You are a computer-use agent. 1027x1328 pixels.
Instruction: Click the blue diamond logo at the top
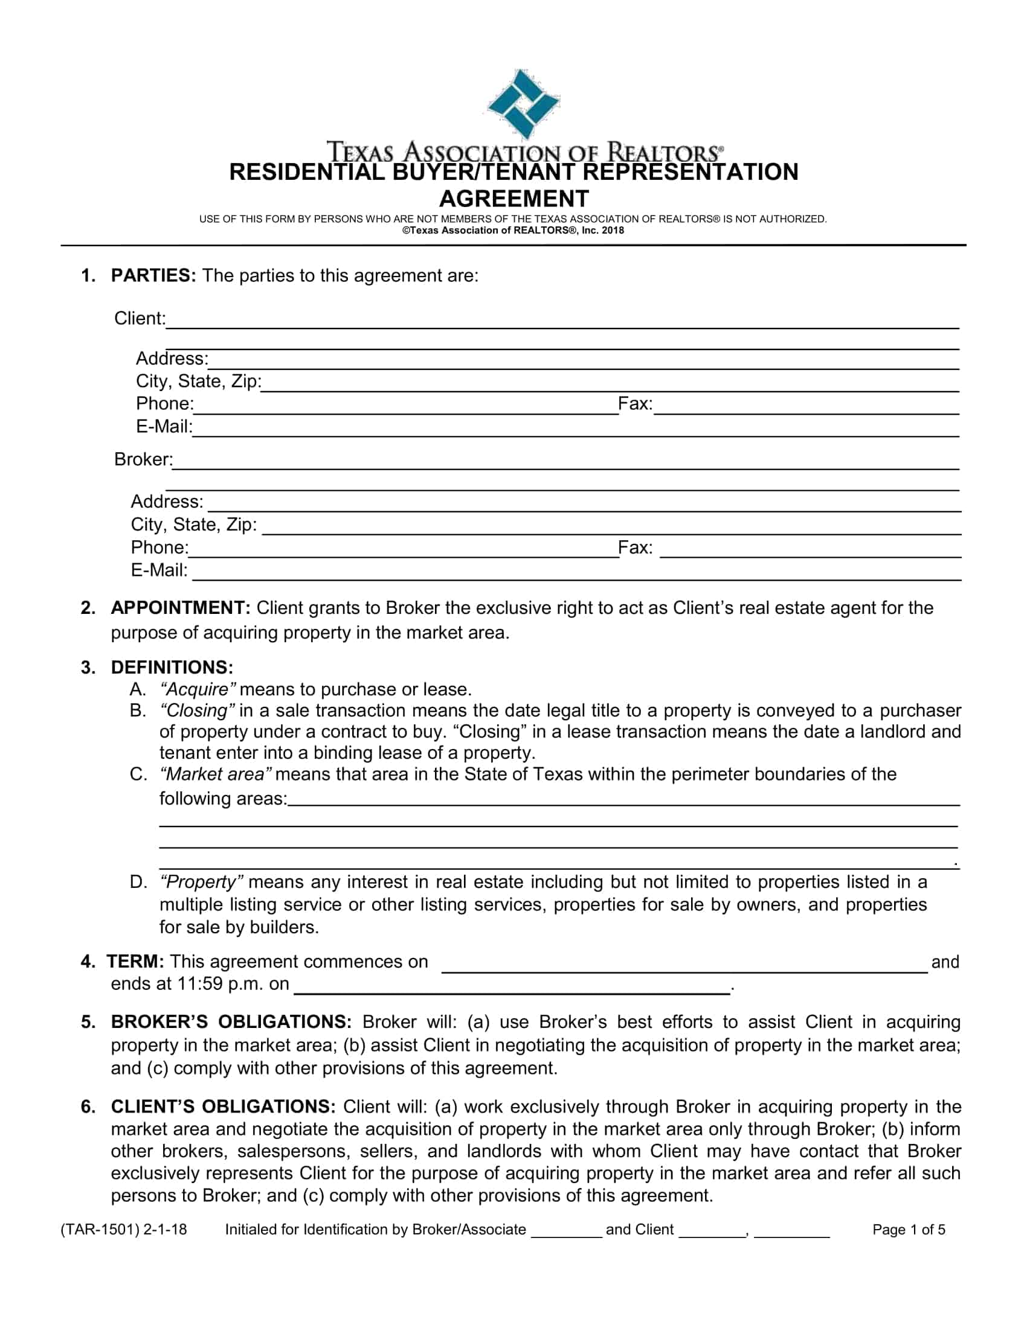[x=523, y=103]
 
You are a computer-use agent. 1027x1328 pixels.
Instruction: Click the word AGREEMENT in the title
[x=514, y=199]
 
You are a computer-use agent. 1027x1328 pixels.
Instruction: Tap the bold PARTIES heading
[x=153, y=275]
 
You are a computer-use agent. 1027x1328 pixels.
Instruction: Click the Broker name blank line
[x=566, y=462]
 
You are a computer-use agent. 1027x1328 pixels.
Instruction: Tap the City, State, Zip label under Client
[x=198, y=381]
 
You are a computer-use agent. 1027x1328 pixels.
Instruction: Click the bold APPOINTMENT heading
[x=180, y=607]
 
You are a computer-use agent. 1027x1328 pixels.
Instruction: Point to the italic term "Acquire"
[x=197, y=689]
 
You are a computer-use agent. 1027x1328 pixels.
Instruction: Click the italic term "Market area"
[x=216, y=774]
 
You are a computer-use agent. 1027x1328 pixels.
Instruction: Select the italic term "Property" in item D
[x=201, y=882]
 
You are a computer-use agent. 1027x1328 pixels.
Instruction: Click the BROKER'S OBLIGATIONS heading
[x=231, y=1022]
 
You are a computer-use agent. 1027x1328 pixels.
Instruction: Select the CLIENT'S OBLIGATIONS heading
[x=223, y=1106]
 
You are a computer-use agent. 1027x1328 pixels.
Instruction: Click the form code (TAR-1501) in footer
[x=100, y=1230]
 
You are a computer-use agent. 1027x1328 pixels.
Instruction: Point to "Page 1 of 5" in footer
[x=909, y=1230]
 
